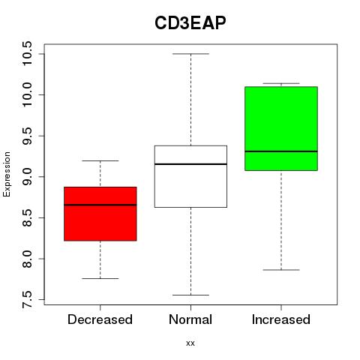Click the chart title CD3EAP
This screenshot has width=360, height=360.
click(x=190, y=23)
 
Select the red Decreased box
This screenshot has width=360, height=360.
click(x=100, y=214)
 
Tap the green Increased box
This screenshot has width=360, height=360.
click(x=281, y=128)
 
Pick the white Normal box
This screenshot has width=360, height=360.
click(x=190, y=176)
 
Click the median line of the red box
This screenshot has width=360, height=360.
click(x=100, y=205)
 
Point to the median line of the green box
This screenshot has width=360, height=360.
click(x=281, y=151)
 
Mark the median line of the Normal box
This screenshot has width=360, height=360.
click(x=190, y=164)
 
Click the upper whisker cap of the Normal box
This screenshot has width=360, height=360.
click(x=190, y=54)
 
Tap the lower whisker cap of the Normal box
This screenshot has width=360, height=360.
click(x=190, y=295)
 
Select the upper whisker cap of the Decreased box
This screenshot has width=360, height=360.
click(x=100, y=160)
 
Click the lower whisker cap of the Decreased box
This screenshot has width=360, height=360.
click(x=100, y=278)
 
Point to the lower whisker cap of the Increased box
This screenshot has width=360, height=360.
click(x=281, y=270)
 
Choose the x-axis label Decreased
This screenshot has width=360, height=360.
click(x=100, y=319)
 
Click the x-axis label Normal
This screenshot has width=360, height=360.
click(x=190, y=319)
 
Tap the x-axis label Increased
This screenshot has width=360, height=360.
click(x=281, y=319)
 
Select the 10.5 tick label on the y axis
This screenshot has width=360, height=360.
click(x=27, y=53)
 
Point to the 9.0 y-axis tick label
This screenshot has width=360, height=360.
click(x=27, y=177)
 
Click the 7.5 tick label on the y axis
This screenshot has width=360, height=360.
click(x=27, y=299)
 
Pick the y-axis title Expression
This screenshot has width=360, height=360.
click(x=7, y=174)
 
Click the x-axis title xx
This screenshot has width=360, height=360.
click(x=190, y=343)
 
